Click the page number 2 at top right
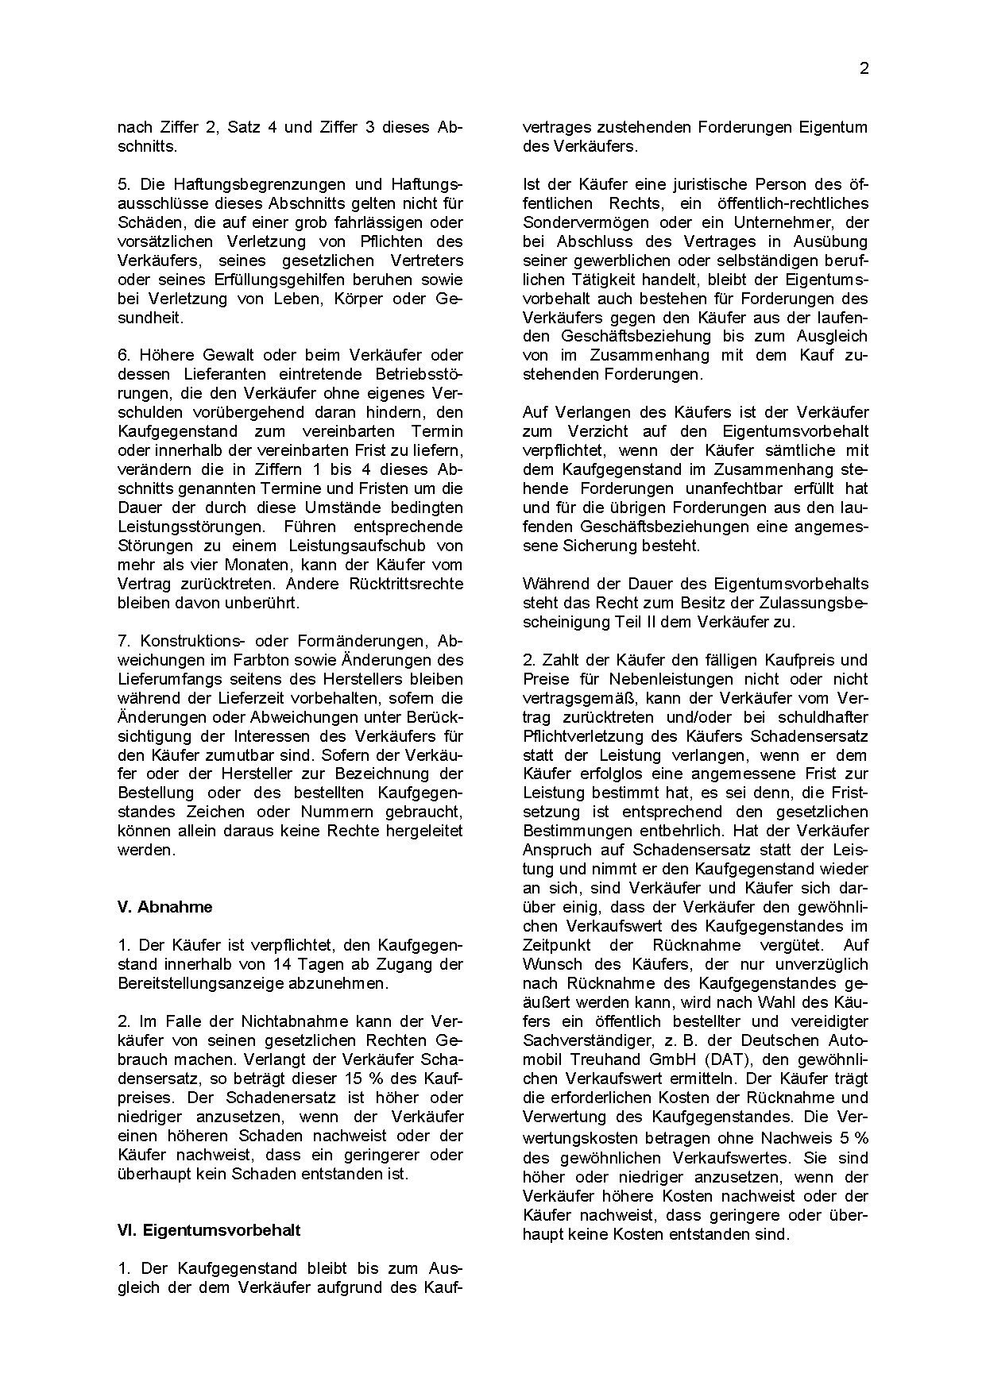pyautogui.click(x=864, y=69)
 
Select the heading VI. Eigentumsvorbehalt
pyautogui.click(x=209, y=1230)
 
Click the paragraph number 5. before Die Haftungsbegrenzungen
pyautogui.click(x=123, y=184)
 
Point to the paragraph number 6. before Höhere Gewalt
pyautogui.click(x=123, y=355)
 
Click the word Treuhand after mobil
pyautogui.click(x=611, y=1059)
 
